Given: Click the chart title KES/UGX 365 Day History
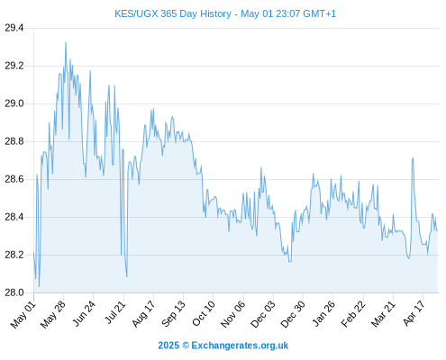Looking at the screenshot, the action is click(x=173, y=13).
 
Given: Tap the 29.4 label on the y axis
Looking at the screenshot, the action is click(x=14, y=28).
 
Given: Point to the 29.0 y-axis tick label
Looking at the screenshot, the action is click(x=14, y=103).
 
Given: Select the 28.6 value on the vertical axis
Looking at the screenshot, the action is click(x=14, y=179).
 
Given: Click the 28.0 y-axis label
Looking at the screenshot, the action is click(x=14, y=292).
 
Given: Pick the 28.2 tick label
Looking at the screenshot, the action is click(x=14, y=255).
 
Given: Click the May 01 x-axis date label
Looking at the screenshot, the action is click(x=23, y=315).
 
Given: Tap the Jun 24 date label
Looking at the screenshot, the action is click(x=85, y=313).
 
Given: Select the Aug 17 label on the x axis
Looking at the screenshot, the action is click(x=143, y=314).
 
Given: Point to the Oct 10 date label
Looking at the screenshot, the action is click(x=204, y=314).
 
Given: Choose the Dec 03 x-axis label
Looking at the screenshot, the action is click(x=263, y=314).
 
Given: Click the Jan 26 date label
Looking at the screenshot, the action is click(x=323, y=314).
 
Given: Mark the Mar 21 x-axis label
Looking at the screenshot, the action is click(x=383, y=314).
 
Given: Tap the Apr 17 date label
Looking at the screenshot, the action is click(x=414, y=313).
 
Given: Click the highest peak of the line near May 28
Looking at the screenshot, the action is click(x=66, y=42).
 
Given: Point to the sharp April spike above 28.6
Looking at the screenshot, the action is click(x=413, y=158).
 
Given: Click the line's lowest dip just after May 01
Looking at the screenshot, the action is click(x=39, y=287).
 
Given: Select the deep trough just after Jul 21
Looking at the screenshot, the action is click(x=127, y=276).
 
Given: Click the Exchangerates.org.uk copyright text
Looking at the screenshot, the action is click(x=223, y=346).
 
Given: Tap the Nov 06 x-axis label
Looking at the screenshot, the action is click(x=233, y=314).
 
